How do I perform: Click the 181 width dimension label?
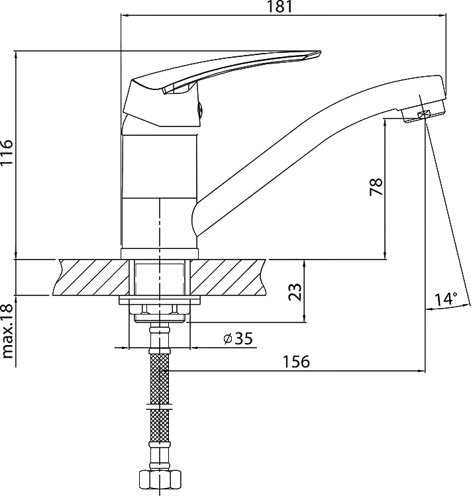click(280, 7)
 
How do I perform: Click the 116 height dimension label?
click(7, 153)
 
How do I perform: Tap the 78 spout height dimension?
click(376, 187)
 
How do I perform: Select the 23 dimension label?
click(295, 292)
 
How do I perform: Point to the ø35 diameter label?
click(238, 339)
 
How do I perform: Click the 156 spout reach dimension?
click(297, 362)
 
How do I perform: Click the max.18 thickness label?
click(7, 331)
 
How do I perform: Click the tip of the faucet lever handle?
click(321, 51)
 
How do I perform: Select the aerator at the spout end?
click(423, 111)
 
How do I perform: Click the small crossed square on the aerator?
click(424, 115)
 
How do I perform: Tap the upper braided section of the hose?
click(160, 378)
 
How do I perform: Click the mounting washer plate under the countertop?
click(160, 301)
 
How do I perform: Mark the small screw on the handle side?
click(200, 111)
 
